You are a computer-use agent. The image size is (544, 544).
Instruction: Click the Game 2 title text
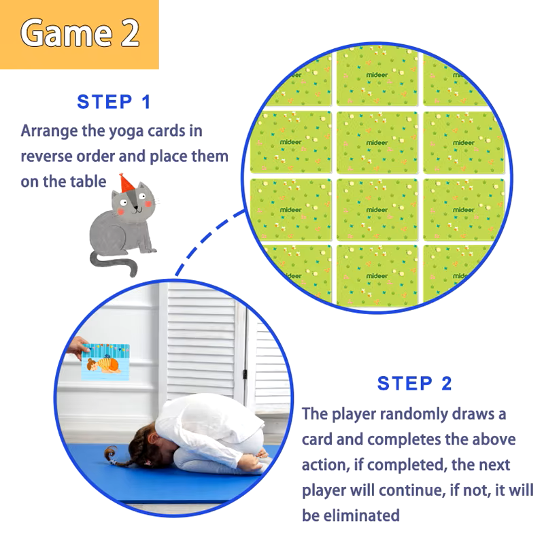tap(80, 33)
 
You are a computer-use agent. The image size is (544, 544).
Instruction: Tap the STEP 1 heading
tap(114, 102)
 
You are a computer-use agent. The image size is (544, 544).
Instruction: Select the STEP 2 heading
tap(414, 384)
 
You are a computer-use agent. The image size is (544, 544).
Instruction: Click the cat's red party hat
tap(126, 183)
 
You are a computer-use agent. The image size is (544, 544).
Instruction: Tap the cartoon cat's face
tap(135, 203)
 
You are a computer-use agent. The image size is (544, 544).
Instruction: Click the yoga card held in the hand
tap(105, 362)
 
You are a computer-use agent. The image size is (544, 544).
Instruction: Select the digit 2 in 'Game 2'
tap(130, 33)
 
